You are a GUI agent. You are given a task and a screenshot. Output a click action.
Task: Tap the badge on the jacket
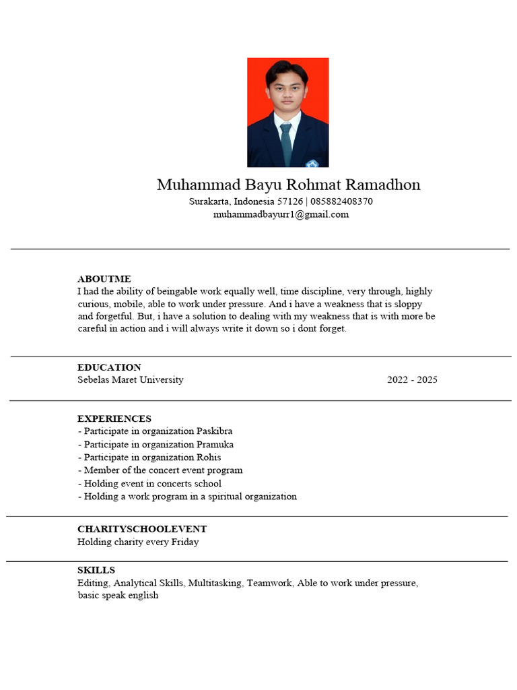click(x=312, y=163)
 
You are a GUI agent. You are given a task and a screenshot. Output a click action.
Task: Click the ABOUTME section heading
click(x=104, y=279)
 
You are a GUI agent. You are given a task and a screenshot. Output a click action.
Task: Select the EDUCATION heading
click(x=109, y=367)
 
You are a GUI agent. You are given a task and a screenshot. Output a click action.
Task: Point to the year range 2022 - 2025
click(x=412, y=380)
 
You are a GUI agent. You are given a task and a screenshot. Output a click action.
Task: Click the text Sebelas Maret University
click(x=130, y=380)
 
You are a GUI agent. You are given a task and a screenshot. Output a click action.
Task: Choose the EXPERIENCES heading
click(x=114, y=418)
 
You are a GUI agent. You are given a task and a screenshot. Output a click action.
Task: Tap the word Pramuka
click(x=215, y=445)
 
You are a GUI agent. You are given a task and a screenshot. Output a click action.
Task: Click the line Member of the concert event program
click(x=160, y=470)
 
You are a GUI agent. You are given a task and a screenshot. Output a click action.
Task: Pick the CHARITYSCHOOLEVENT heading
click(x=141, y=529)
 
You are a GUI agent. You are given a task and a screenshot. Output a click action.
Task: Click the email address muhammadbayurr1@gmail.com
click(x=281, y=214)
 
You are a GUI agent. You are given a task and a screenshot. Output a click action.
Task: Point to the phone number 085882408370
click(x=342, y=201)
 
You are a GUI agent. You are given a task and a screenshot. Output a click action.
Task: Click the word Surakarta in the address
click(x=209, y=201)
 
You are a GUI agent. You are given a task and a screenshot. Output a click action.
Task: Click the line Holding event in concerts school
click(x=149, y=483)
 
